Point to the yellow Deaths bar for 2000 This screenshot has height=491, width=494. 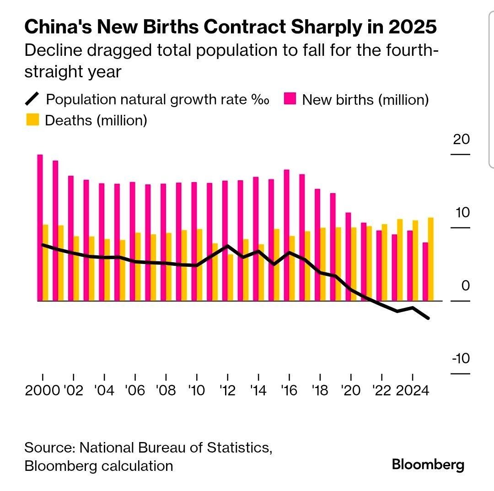click(x=45, y=263)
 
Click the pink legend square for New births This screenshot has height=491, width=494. click(x=290, y=99)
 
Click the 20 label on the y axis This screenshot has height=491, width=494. click(x=461, y=139)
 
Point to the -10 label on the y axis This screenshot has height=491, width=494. click(x=461, y=358)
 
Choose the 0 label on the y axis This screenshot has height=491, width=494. click(x=466, y=286)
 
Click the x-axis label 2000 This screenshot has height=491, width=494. click(x=43, y=391)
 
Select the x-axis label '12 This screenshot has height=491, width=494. click(x=227, y=391)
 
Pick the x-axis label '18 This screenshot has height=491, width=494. click(x=320, y=391)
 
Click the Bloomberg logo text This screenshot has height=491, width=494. click(x=428, y=465)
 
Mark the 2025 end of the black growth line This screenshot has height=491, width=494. click(x=428, y=318)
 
